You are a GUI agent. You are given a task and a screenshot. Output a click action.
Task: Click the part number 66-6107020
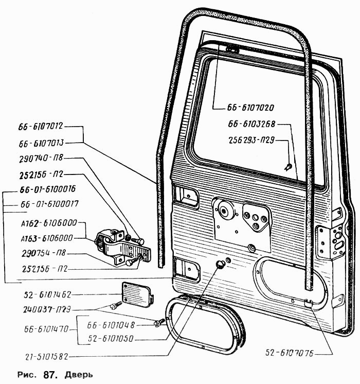coord(250,108)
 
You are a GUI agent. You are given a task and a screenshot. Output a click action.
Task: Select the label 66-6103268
coord(252,124)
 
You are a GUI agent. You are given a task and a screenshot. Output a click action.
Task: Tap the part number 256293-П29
coord(251,141)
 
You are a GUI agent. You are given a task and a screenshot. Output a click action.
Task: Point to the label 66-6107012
coord(41,126)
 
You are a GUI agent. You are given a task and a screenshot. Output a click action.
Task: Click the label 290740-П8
coord(41,159)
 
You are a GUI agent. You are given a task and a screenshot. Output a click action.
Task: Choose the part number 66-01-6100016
coord(47,189)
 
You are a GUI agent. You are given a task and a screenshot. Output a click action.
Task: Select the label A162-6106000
coord(49,223)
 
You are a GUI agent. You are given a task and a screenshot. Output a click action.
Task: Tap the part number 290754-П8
coord(44,253)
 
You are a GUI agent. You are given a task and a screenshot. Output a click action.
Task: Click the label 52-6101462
coord(47,294)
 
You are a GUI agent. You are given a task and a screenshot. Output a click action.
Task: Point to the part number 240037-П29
coord(47,310)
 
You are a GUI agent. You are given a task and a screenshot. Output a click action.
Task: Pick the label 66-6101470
coord(46,329)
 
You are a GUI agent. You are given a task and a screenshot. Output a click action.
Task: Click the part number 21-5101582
coord(46,357)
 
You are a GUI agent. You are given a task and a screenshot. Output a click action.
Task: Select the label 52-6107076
coord(289,353)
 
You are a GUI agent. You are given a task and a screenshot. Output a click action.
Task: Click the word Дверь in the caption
coord(79,375)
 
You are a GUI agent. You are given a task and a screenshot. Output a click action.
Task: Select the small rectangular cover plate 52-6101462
coord(137,294)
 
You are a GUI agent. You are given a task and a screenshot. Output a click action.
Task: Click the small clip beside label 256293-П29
coord(289,167)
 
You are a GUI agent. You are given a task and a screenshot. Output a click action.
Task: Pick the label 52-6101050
coord(111,339)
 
